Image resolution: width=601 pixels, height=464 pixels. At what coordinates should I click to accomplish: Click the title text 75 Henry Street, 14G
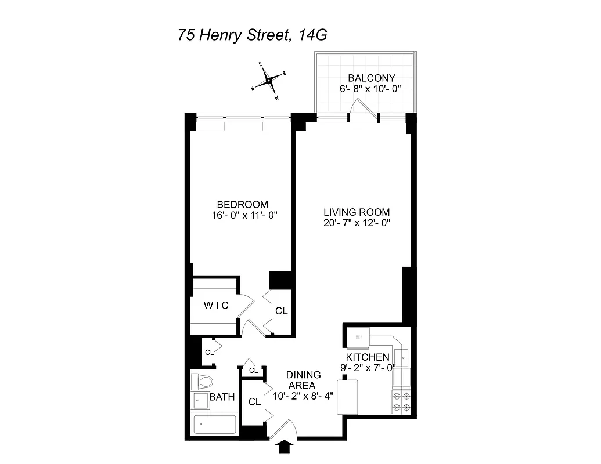253,35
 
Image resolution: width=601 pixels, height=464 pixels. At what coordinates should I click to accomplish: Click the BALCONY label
371,78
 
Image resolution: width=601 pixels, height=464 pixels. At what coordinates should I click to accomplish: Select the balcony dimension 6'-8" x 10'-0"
371,89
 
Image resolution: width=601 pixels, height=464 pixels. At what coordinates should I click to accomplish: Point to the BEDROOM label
242,204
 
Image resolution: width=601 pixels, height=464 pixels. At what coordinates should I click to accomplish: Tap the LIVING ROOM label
357,212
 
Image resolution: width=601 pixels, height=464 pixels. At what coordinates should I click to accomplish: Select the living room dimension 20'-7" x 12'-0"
357,223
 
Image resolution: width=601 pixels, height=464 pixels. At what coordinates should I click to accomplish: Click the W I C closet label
215,305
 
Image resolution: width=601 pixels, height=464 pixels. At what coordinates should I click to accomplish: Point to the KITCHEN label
368,357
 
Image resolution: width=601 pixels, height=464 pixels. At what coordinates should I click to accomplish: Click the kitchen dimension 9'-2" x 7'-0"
368,367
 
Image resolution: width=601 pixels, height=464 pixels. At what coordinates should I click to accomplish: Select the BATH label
222,397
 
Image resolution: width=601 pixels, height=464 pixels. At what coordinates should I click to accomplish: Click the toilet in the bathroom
202,381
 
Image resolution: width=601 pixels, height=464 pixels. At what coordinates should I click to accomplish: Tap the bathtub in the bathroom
214,424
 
